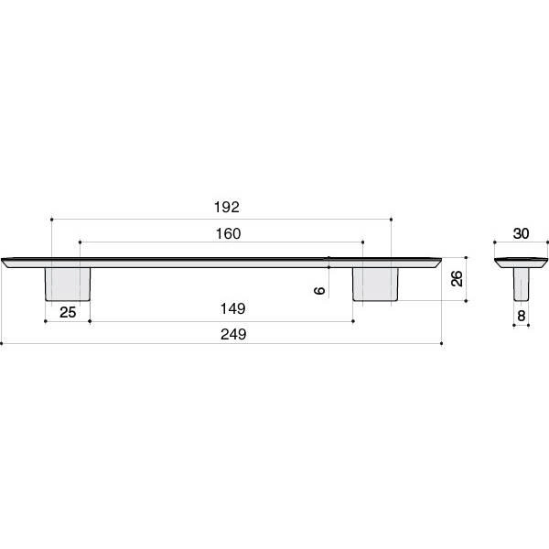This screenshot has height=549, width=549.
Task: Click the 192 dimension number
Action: pos(227,208)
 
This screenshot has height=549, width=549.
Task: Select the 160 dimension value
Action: pos(228,233)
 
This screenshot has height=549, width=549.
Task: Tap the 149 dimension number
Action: pos(232,309)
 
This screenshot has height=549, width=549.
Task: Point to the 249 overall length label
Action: pos(233,334)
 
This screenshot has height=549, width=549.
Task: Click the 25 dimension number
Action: pos(68,312)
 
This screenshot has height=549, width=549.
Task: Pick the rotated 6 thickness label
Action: pos(319,290)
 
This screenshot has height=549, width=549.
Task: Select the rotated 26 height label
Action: pos(457,279)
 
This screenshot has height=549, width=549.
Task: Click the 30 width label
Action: pos(521,233)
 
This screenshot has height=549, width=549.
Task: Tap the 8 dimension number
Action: pos(522,316)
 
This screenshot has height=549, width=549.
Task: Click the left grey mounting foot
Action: pos(68,285)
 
